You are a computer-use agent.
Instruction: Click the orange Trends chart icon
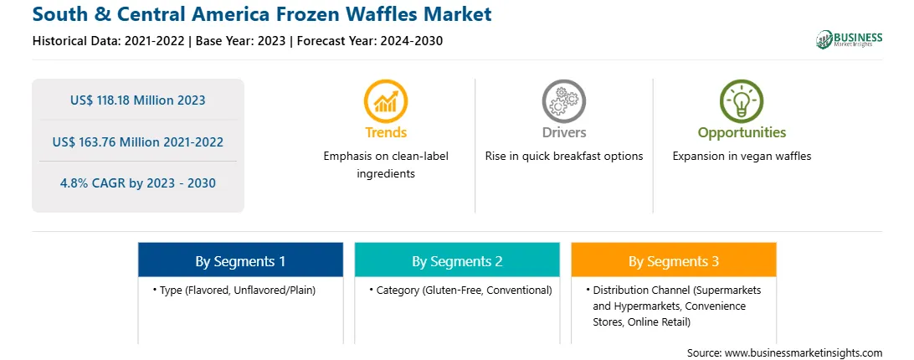(x=385, y=101)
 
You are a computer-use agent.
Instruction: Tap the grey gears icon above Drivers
(x=563, y=101)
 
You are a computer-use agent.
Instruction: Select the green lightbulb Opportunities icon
(x=742, y=101)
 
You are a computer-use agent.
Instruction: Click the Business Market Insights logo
(x=850, y=39)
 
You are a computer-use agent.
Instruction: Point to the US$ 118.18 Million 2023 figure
(x=137, y=100)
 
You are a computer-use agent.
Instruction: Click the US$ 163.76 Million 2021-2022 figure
(x=137, y=141)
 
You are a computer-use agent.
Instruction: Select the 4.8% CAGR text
(x=137, y=183)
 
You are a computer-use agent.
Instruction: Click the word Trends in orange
(x=386, y=132)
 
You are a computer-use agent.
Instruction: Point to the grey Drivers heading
(x=564, y=132)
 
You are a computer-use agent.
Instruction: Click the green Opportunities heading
(x=742, y=132)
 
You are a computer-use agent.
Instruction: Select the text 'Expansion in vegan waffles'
(x=742, y=157)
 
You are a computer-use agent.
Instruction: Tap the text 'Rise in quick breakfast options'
(x=564, y=157)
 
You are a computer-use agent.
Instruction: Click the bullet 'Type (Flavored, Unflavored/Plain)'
(x=234, y=290)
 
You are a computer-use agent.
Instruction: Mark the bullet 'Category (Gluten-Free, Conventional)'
(x=460, y=290)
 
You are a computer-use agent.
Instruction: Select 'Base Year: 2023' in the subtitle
(x=241, y=41)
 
